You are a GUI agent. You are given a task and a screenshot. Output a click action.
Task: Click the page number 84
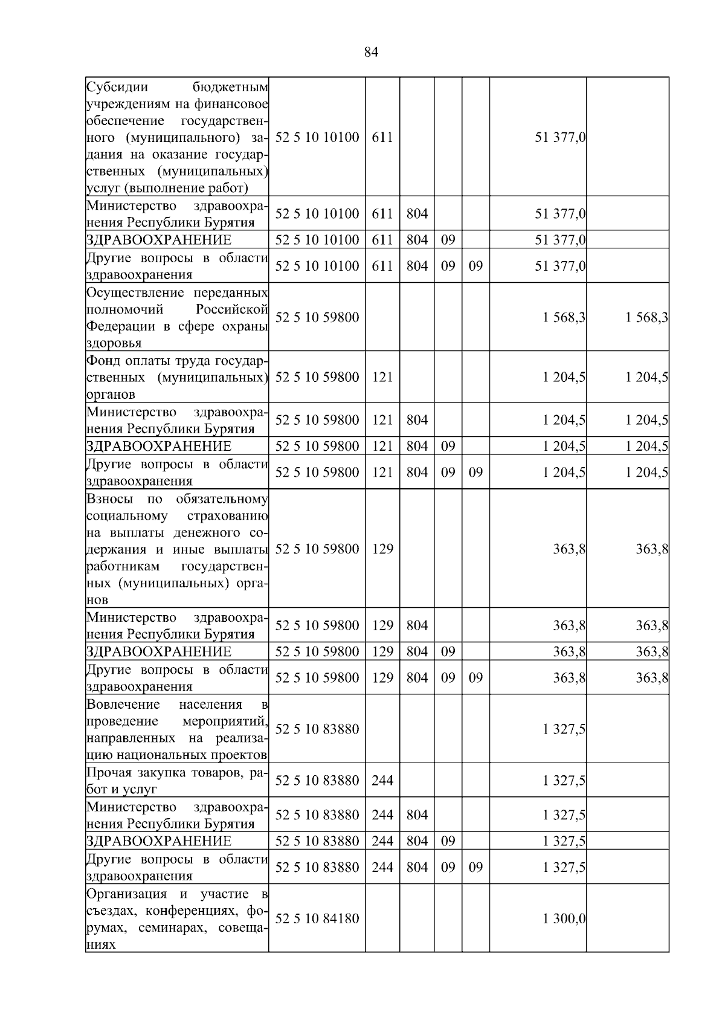[x=371, y=53]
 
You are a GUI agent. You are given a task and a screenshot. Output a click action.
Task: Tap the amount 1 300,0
[x=564, y=918]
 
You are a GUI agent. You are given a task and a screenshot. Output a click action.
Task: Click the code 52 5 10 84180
[x=317, y=918]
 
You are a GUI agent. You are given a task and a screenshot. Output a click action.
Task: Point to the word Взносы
[x=106, y=500]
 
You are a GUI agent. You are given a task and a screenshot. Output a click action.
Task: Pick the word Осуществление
[x=135, y=293]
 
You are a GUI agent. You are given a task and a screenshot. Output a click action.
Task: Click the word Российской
[x=232, y=310]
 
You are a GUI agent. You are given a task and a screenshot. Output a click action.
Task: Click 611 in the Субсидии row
[x=382, y=137]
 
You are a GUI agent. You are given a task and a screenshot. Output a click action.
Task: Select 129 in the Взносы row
[x=382, y=549]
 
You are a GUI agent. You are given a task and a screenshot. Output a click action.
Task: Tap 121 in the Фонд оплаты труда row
[x=382, y=377]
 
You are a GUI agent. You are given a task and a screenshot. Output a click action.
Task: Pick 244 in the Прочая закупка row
[x=382, y=781]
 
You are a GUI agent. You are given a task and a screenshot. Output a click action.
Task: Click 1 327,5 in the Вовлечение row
[x=564, y=729]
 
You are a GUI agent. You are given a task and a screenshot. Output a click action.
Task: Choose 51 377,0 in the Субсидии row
[x=560, y=137]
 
